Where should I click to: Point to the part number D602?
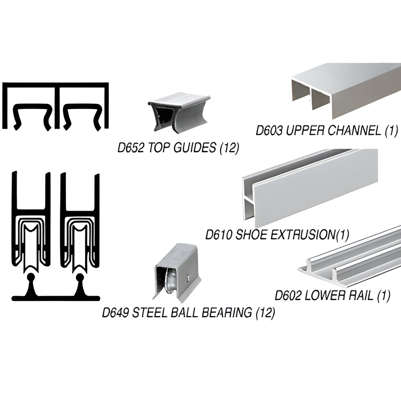(x=288, y=296)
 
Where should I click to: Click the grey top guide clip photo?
(x=178, y=112)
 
